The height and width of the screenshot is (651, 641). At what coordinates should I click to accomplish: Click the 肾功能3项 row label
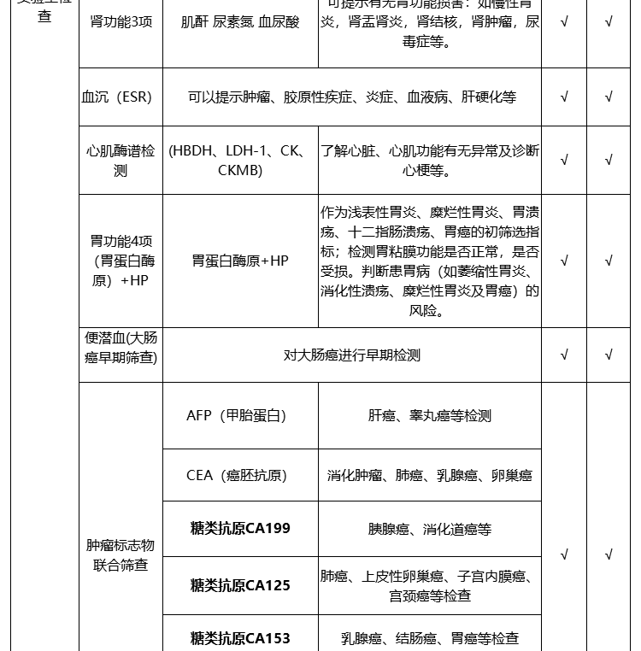click(121, 22)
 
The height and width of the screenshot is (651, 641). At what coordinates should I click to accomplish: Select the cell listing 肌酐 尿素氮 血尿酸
click(240, 22)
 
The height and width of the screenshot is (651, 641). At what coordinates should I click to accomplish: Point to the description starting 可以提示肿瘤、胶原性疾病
click(352, 97)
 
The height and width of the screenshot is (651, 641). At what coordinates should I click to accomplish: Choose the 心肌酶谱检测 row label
click(121, 161)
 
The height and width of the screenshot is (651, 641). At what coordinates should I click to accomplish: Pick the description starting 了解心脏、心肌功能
click(429, 161)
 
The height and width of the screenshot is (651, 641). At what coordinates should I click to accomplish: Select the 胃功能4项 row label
click(121, 261)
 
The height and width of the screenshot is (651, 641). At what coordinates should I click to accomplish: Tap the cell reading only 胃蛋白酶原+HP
click(240, 261)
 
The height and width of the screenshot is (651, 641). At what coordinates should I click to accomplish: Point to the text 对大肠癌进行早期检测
click(352, 355)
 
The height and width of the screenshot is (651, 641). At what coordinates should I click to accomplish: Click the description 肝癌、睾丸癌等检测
click(429, 416)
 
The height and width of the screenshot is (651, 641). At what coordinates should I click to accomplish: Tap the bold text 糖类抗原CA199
click(240, 528)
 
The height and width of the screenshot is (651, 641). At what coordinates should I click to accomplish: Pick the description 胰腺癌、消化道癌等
click(429, 530)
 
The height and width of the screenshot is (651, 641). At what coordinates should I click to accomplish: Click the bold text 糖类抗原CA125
click(240, 585)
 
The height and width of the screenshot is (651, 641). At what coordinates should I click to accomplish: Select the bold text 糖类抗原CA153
click(240, 638)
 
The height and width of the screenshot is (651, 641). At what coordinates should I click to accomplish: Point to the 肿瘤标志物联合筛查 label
click(121, 555)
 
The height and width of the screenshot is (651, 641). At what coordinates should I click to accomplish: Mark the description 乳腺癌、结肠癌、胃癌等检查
click(429, 638)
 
